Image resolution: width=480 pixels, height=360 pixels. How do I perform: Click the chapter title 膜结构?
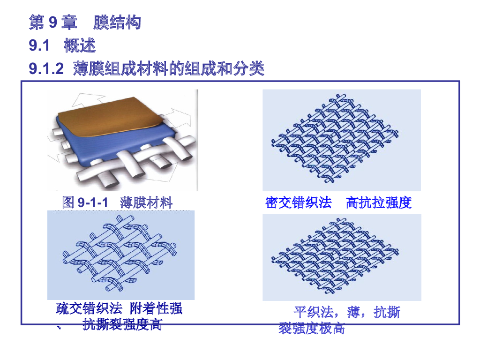pyautogui.click(x=117, y=22)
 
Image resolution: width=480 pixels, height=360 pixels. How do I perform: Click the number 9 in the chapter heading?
pyautogui.click(x=53, y=22)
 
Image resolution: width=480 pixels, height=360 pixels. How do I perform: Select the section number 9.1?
pyautogui.click(x=39, y=46)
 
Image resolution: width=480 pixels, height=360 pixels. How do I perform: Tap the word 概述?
pyautogui.click(x=80, y=46)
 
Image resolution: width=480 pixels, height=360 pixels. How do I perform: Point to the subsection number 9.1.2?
pyautogui.click(x=46, y=69)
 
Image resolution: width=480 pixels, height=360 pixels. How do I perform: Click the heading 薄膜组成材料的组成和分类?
pyautogui.click(x=169, y=69)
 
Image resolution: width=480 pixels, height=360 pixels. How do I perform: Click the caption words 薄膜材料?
pyautogui.click(x=146, y=202)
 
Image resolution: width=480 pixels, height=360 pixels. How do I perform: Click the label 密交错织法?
pyautogui.click(x=299, y=202)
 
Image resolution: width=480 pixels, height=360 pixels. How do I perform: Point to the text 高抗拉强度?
pyautogui.click(x=378, y=202)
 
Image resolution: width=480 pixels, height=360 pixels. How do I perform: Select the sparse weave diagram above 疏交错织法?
pyautogui.click(x=121, y=255)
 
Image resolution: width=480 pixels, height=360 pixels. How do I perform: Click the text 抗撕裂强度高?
pyautogui.click(x=122, y=324)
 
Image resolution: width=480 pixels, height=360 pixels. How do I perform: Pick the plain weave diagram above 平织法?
pyautogui.click(x=341, y=257)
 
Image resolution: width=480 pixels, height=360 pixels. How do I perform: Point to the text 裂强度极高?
pyautogui.click(x=312, y=328)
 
